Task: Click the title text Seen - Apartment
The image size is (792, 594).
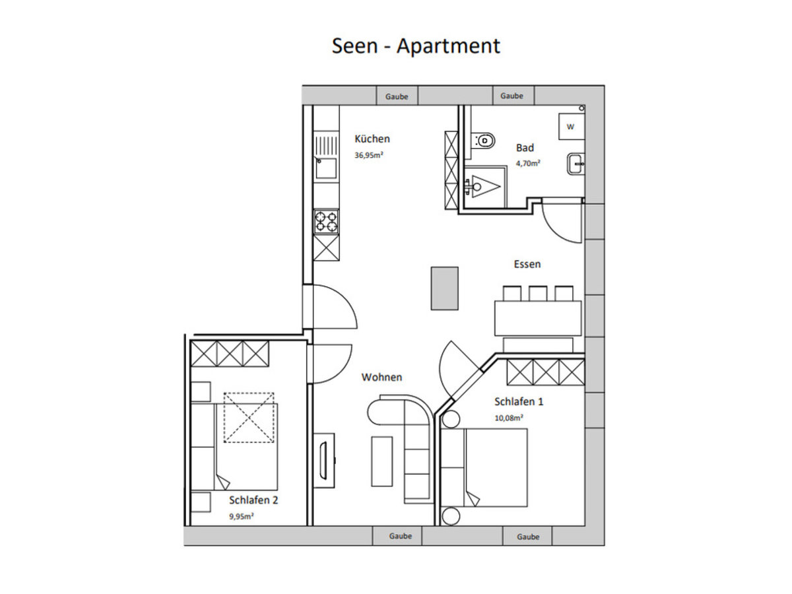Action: [416, 46]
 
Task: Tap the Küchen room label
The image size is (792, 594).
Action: [372, 139]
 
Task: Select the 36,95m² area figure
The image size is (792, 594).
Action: [368, 155]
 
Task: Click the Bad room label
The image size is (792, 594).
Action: [525, 148]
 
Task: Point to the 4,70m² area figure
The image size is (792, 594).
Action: [528, 164]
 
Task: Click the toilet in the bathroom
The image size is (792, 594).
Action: [482, 141]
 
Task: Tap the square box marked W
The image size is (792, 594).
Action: [572, 126]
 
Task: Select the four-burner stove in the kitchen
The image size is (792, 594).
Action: [326, 222]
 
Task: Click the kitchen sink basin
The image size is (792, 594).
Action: [326, 168]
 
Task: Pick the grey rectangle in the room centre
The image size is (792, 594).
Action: [445, 288]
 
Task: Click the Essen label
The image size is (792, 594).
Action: [527, 264]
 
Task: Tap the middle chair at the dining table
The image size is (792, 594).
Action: [538, 294]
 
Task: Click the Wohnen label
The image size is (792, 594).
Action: [381, 378]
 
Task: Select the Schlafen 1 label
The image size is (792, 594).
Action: [519, 401]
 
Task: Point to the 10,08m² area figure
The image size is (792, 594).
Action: [509, 418]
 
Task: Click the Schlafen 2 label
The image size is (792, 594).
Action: [253, 500]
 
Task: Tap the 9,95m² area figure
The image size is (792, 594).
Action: [242, 516]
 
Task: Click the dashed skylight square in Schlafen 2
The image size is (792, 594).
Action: [249, 418]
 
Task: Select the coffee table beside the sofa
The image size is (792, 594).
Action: [381, 461]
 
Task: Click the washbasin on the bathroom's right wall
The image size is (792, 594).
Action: [576, 164]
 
